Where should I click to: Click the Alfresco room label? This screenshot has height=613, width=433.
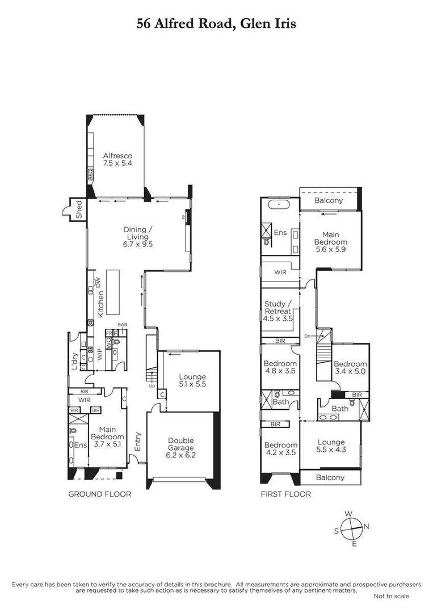click(x=117, y=156)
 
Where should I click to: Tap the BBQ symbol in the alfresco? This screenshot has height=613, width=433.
click(x=90, y=174)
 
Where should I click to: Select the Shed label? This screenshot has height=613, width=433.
click(x=79, y=209)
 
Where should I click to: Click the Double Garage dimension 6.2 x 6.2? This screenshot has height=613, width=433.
click(x=180, y=455)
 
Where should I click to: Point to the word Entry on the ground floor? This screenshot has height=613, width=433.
click(x=137, y=442)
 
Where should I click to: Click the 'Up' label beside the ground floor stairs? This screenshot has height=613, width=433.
click(x=152, y=386)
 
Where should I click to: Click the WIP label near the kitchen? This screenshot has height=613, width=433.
click(x=99, y=354)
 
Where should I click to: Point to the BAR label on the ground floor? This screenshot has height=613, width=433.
click(x=123, y=325)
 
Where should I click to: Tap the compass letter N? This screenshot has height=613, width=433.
click(x=367, y=526)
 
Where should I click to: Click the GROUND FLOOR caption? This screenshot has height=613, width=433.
click(x=100, y=494)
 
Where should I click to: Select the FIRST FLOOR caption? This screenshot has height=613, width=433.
click(x=285, y=494)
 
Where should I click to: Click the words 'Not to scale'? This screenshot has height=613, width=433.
click(x=392, y=596)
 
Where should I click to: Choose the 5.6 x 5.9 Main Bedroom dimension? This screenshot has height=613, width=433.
click(x=331, y=249)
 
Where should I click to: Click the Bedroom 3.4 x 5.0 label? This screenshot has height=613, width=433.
click(x=350, y=367)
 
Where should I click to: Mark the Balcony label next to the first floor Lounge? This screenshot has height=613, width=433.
click(x=330, y=477)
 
